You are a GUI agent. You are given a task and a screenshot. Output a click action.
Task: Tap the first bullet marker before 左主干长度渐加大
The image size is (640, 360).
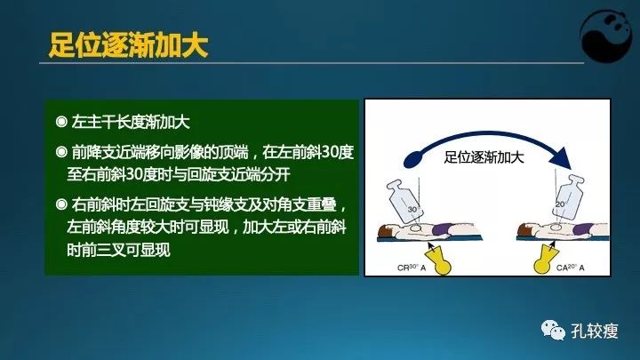pyautogui.click(x=60, y=120)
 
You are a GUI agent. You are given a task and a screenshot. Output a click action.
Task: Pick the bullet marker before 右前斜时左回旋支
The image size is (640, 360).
pyautogui.click(x=60, y=203)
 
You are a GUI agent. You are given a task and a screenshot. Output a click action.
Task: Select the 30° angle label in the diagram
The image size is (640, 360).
pyautogui.click(x=411, y=210)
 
